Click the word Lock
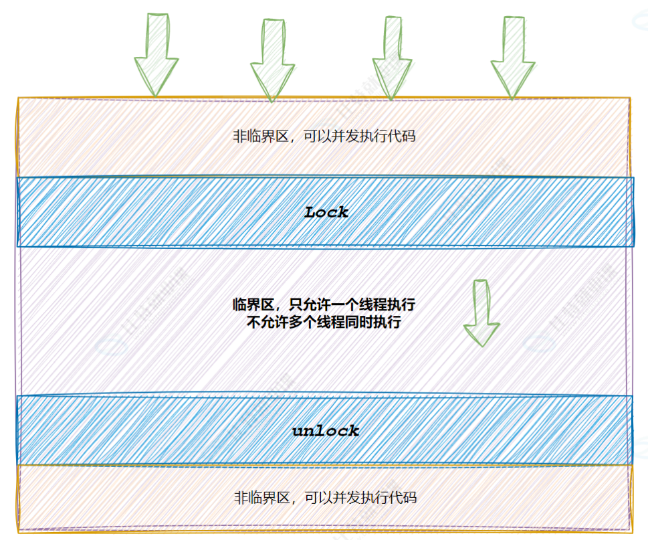(326, 213)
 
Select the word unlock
(326, 431)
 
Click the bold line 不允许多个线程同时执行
(324, 322)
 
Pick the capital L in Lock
(310, 213)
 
